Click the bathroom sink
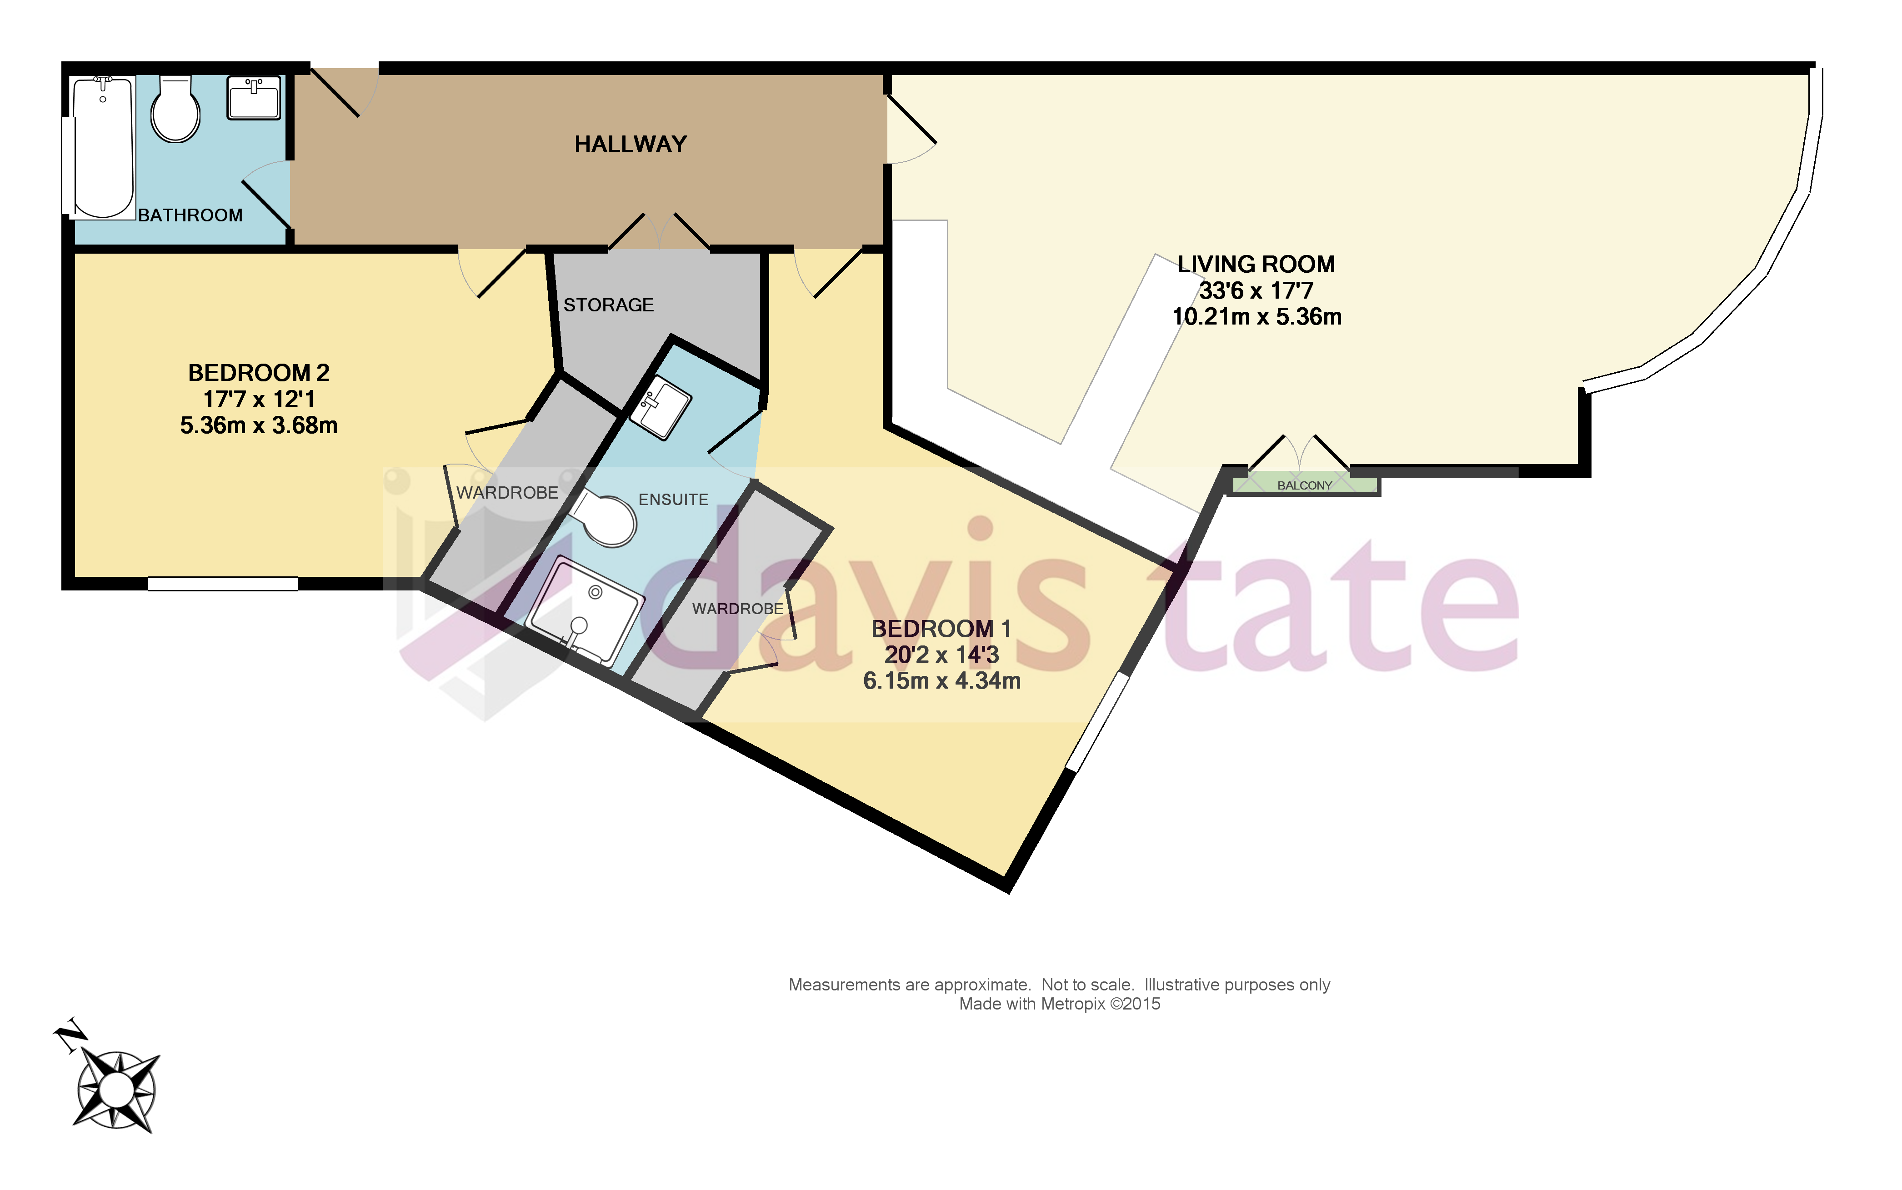[x=253, y=98]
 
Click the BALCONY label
[x=1304, y=485]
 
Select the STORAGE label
[x=608, y=305]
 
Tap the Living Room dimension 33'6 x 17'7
[x=1256, y=290]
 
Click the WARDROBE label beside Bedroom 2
[x=507, y=493]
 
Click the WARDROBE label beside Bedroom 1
[x=737, y=608]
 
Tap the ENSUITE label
[x=673, y=499]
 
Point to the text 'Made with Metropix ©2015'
[x=1059, y=1004]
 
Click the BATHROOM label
[x=190, y=215]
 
